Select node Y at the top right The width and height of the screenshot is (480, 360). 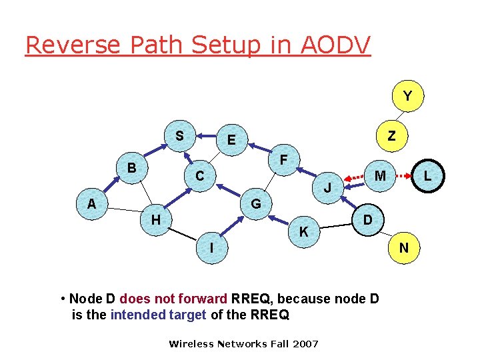407,97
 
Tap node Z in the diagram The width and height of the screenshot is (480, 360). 392,136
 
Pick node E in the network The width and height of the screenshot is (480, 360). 231,140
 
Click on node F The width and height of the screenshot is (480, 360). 285,161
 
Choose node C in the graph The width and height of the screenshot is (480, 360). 199,177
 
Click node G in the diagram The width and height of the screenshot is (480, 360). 255,203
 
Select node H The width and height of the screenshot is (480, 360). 155,219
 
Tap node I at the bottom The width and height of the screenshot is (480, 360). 211,248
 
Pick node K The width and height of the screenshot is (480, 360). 303,232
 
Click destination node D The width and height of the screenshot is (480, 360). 367,219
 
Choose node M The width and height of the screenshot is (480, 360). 381,175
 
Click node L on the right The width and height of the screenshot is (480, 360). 427,177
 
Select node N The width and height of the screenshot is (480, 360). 404,248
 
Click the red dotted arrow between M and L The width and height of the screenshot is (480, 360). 404,177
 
